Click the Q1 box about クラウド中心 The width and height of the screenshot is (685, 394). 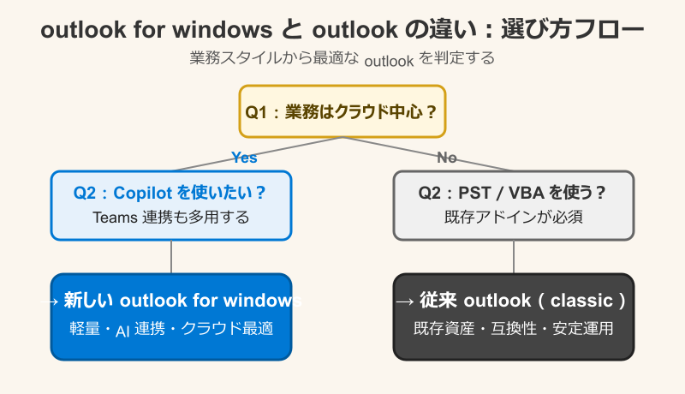(342, 111)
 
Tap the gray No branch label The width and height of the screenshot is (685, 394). (447, 158)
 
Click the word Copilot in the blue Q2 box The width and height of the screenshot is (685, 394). (142, 193)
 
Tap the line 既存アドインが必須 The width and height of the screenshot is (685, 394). (514, 218)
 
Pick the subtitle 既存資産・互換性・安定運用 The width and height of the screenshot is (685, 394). (514, 329)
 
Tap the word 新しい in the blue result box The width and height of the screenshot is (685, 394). (89, 301)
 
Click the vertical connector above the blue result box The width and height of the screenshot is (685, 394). (171, 257)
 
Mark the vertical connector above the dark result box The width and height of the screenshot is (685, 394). (514, 257)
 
